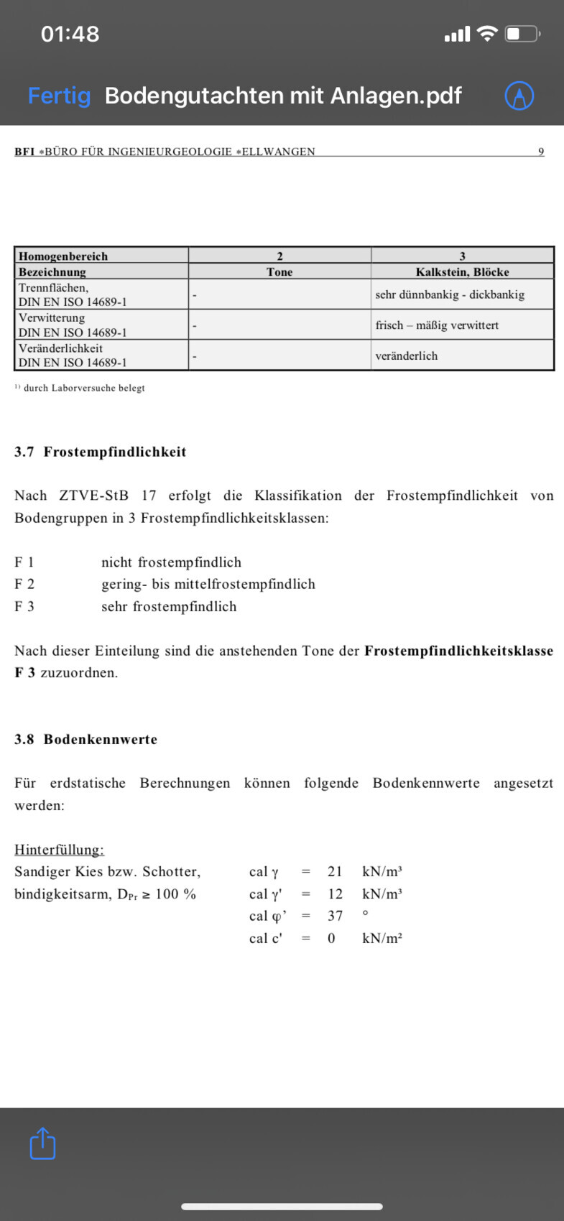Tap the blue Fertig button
[59, 96]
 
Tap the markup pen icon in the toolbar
[519, 96]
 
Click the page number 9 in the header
[541, 152]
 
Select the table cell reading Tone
[279, 271]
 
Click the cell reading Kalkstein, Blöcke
[462, 271]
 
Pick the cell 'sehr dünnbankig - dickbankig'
[450, 294]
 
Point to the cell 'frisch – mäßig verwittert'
[437, 325]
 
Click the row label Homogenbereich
[63, 256]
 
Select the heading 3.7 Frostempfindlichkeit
[101, 452]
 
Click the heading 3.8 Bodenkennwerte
[86, 739]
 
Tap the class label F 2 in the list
[24, 584]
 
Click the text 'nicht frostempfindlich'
[171, 562]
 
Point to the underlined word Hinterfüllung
[59, 850]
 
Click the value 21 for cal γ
[335, 871]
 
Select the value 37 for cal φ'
[335, 916]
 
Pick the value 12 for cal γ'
[335, 893]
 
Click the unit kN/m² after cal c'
[382, 938]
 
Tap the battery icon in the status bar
[522, 34]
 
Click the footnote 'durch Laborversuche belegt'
[83, 388]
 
